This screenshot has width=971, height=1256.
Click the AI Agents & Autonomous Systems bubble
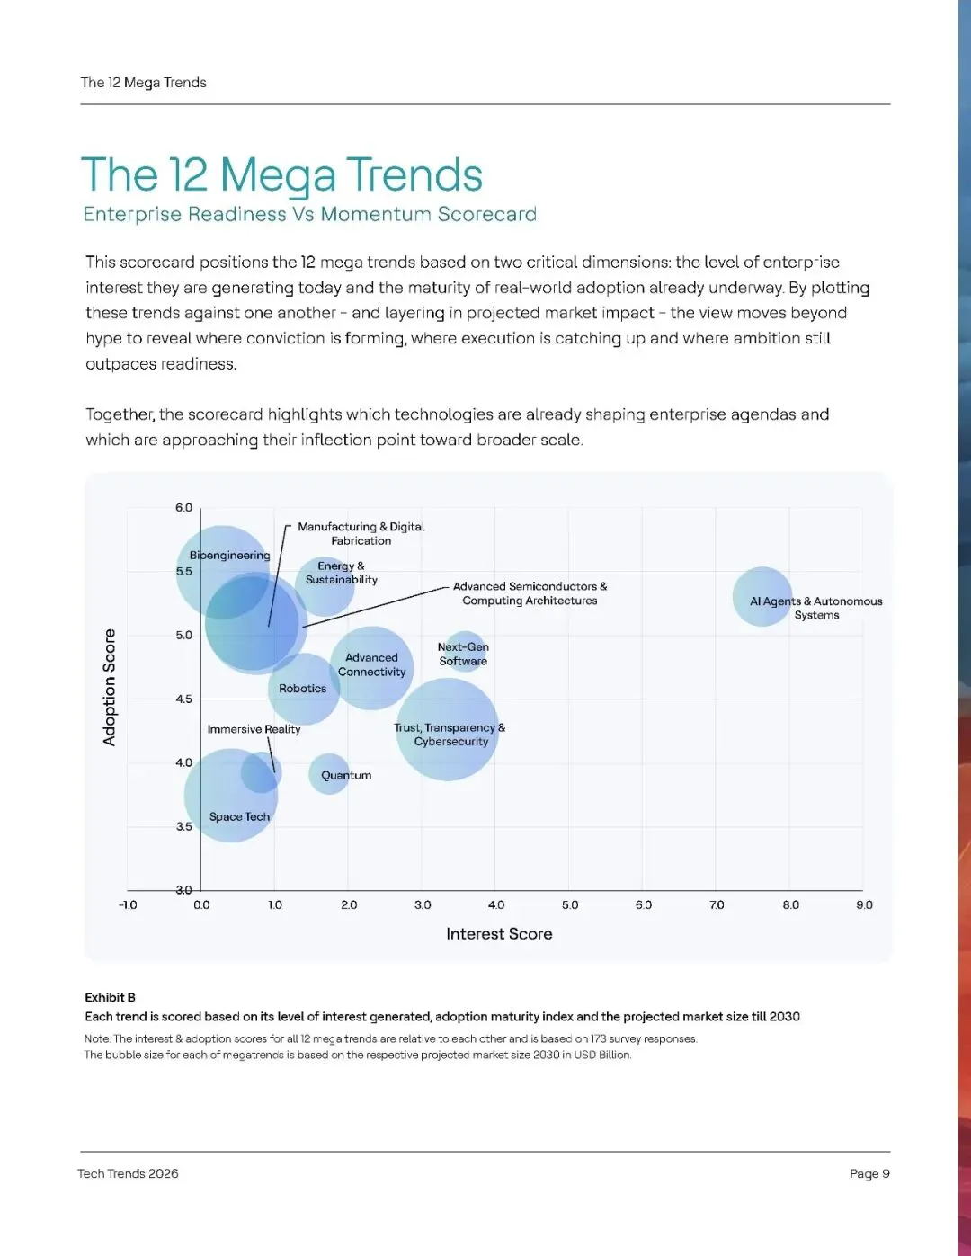(762, 596)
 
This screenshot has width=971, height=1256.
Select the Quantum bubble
(329, 774)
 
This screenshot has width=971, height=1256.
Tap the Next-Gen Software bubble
(464, 653)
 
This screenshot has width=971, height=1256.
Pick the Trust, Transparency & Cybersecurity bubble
(447, 730)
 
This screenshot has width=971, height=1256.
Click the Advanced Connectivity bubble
(371, 668)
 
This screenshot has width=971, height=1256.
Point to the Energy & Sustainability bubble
(325, 585)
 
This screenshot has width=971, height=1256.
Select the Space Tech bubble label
(239, 816)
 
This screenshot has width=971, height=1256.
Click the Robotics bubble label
(303, 689)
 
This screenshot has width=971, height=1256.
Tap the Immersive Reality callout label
(254, 729)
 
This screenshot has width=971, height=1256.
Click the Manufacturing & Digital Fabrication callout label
(361, 533)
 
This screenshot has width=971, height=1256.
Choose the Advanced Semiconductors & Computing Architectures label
(530, 593)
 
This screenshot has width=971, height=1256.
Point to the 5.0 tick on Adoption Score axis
(184, 635)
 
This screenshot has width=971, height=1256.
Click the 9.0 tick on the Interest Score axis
(864, 904)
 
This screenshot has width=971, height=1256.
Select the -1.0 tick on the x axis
(128, 904)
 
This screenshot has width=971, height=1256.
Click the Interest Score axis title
(499, 934)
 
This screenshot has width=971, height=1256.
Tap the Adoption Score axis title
(110, 687)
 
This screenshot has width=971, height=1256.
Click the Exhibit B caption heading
(110, 997)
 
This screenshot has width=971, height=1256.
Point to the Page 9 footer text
(869, 1173)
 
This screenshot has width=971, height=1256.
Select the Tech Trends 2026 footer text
(128, 1173)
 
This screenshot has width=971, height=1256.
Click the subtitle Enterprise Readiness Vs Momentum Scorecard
(309, 214)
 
